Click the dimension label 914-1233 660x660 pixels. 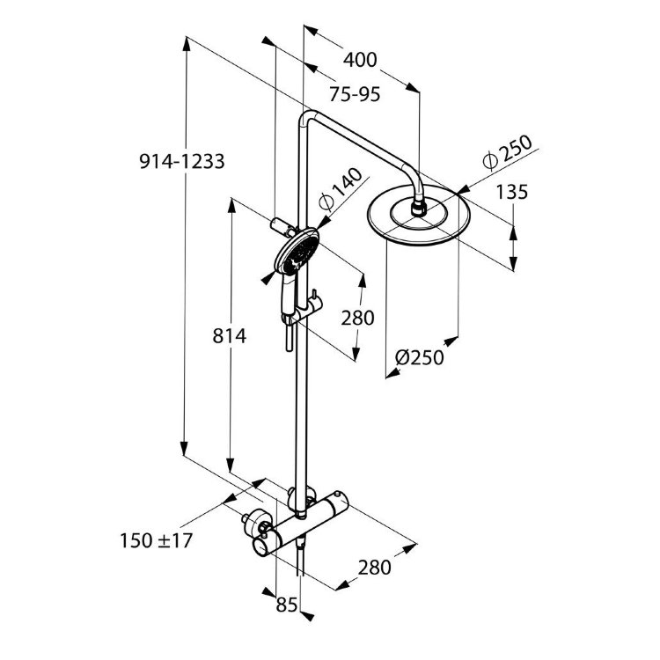[x=182, y=161]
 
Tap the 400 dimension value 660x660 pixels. [x=361, y=60]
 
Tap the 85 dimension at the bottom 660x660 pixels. [x=287, y=606]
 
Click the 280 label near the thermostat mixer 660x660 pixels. [x=373, y=567]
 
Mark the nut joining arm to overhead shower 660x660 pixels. [x=421, y=208]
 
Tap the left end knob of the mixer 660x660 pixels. [x=261, y=539]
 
